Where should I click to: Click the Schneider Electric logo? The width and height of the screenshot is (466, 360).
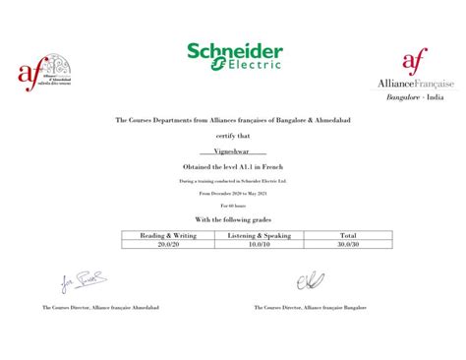(x=233, y=56)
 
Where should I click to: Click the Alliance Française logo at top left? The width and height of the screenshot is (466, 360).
(x=41, y=71)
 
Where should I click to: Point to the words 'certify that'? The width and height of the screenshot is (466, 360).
(x=233, y=136)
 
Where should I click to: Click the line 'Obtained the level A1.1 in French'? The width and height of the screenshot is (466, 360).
(x=233, y=169)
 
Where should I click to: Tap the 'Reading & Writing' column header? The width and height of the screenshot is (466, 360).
(x=167, y=236)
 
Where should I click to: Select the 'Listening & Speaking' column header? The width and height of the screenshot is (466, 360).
(x=259, y=236)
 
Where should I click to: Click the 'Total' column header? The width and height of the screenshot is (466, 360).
(x=348, y=236)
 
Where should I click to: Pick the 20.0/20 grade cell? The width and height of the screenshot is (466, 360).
(x=167, y=244)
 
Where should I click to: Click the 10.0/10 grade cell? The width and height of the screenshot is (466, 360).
(x=259, y=244)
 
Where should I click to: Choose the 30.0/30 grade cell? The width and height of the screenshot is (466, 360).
(x=348, y=244)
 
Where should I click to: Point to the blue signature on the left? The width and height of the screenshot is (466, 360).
(x=79, y=282)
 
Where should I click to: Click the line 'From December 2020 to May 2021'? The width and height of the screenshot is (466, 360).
(x=233, y=194)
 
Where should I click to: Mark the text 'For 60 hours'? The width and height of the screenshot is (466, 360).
(x=233, y=206)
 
